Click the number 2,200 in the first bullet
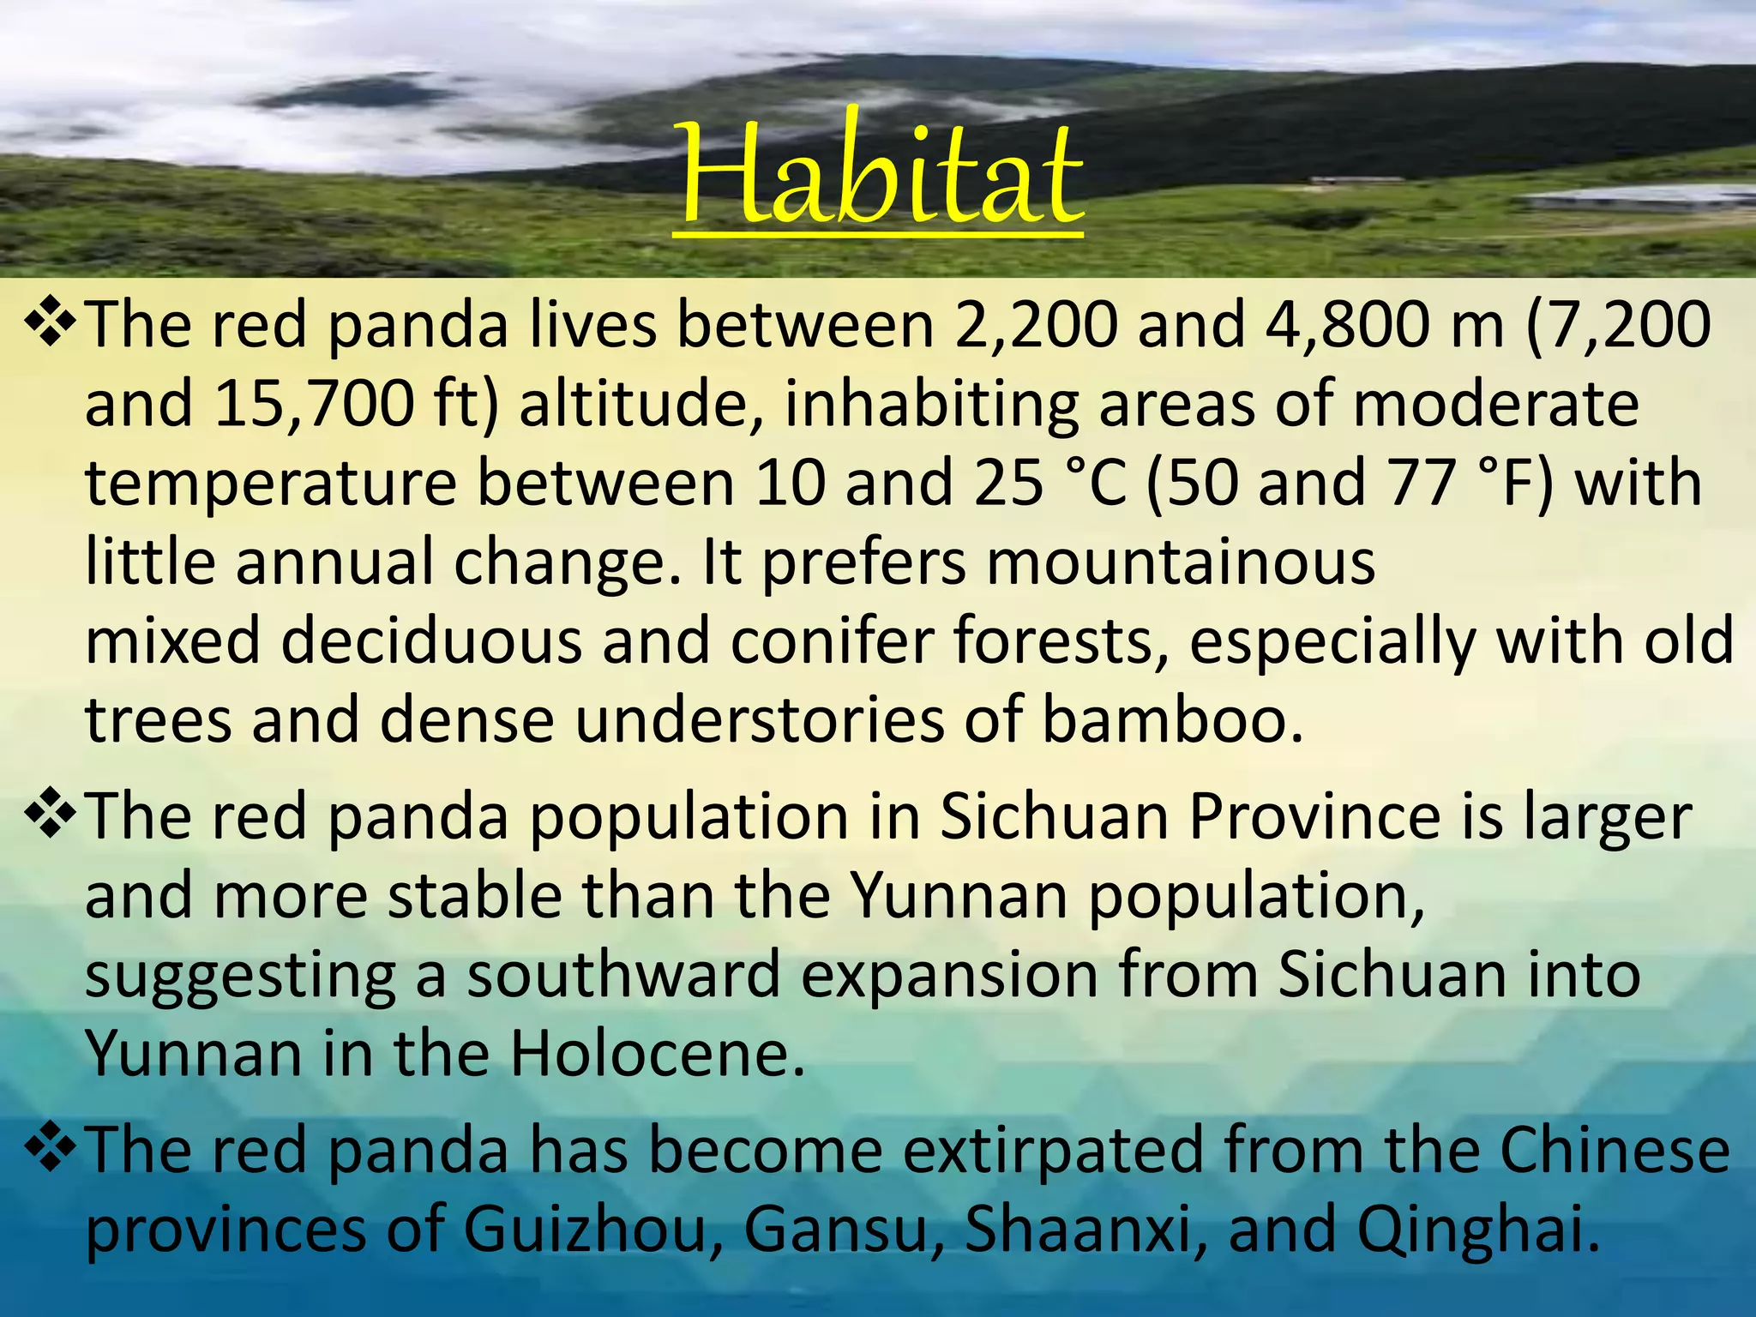[1036, 326]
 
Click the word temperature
[271, 484]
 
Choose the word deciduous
[431, 641]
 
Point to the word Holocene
[658, 1054]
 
